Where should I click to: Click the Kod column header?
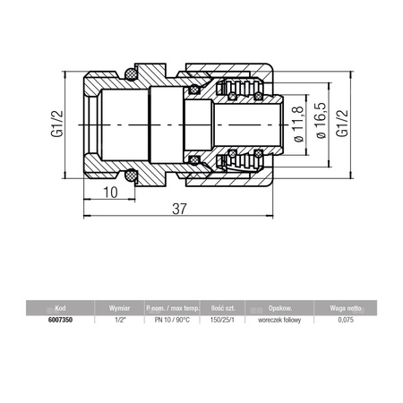pyautogui.click(x=60, y=305)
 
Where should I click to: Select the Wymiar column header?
pyautogui.click(x=120, y=305)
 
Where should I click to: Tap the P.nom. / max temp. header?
pyautogui.click(x=170, y=305)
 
